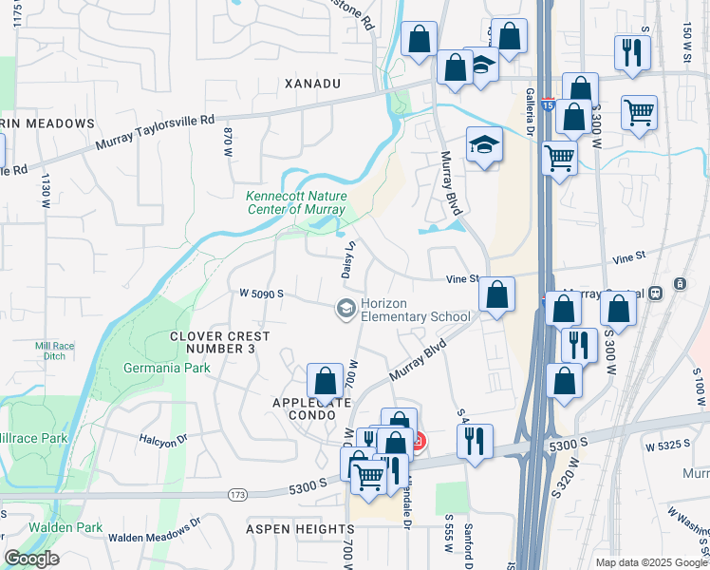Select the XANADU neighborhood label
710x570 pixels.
click(x=312, y=84)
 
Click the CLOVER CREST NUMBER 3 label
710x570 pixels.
click(x=220, y=342)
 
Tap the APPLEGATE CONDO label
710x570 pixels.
click(x=306, y=408)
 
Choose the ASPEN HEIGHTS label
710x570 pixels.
click(x=300, y=528)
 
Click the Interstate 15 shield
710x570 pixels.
click(x=548, y=100)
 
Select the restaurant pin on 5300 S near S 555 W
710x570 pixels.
click(x=475, y=441)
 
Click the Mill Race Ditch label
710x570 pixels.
click(x=55, y=350)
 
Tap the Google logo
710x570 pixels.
click(x=31, y=559)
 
